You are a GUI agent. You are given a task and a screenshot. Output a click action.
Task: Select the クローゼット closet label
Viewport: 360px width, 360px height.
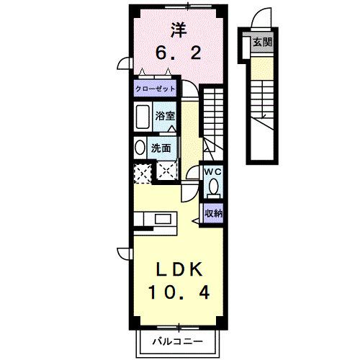pyautogui.click(x=156, y=89)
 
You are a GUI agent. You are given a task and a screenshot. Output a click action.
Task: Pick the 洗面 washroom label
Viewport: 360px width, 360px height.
pyautogui.click(x=161, y=149)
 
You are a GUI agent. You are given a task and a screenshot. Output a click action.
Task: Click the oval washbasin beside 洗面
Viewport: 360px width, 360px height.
pyautogui.click(x=140, y=148)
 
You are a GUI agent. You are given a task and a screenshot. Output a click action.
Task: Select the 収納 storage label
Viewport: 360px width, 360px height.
pyautogui.click(x=213, y=213)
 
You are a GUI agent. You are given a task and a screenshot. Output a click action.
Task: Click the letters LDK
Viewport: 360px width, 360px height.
pyautogui.click(x=177, y=270)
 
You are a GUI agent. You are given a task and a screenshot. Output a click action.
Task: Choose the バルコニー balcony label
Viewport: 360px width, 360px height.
pyautogui.click(x=179, y=341)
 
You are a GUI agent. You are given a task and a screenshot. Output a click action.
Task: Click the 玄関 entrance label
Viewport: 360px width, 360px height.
pyautogui.click(x=262, y=42)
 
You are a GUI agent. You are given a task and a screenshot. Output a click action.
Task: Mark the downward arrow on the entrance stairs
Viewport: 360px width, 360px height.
pyautogui.click(x=264, y=108)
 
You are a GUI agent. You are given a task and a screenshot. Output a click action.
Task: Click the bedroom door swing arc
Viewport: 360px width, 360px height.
pyautogui.click(x=190, y=91)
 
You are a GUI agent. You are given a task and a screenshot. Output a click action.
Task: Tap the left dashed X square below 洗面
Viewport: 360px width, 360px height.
pyautogui.click(x=142, y=172)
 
